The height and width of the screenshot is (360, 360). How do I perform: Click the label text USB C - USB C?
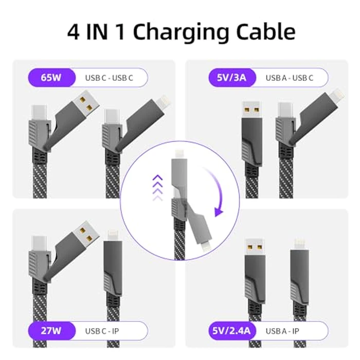point(109,78)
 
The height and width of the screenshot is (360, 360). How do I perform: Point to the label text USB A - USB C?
point(289,78)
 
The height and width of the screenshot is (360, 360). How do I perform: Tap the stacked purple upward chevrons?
point(158,188)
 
